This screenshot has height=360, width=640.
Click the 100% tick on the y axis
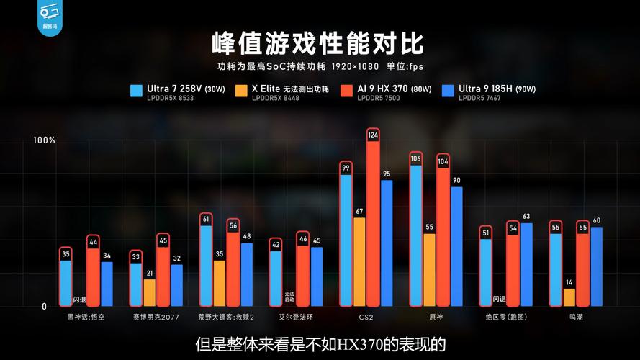pos(44,140)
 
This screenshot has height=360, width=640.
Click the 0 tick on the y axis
pos(44,306)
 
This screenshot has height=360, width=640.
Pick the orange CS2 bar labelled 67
pos(359,261)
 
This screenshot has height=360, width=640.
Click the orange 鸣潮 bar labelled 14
pos(569,297)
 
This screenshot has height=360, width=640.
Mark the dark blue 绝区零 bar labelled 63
pos(526,264)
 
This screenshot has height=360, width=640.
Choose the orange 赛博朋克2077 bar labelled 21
pos(149,292)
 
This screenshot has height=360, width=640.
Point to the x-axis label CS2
pos(366,317)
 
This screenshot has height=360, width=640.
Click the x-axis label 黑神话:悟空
pos(86,317)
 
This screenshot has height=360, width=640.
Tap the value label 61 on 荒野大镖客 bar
pos(206,219)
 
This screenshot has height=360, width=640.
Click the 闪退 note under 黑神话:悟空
pos(79,300)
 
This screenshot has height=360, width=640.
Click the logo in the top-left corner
pos(50,17)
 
